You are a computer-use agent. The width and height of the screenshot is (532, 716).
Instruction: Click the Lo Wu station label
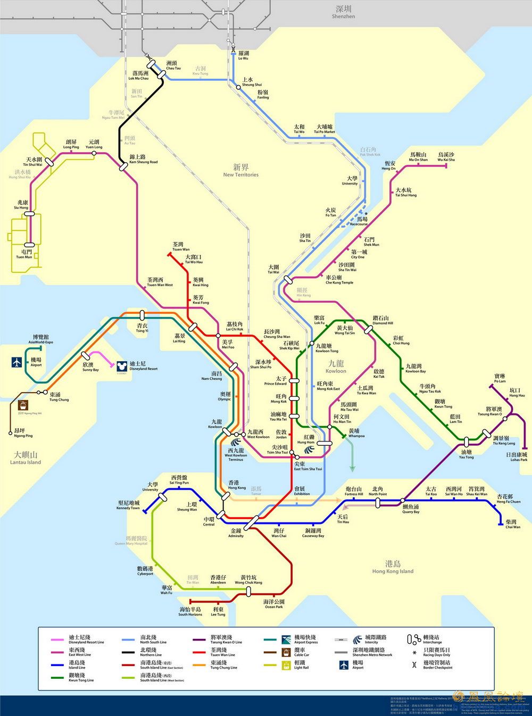click(x=243, y=56)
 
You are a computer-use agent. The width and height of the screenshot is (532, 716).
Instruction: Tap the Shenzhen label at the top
click(x=343, y=12)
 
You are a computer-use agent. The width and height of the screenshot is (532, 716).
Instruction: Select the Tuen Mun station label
click(x=24, y=254)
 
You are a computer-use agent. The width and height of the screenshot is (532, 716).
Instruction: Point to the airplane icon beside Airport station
click(x=17, y=362)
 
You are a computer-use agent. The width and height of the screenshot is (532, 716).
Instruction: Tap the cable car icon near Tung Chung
click(x=23, y=406)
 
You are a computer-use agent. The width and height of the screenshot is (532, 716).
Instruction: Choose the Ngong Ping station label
click(x=23, y=432)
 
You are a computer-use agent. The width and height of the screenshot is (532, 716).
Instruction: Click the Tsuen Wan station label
click(x=180, y=246)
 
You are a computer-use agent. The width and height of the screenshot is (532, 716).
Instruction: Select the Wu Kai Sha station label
click(x=446, y=157)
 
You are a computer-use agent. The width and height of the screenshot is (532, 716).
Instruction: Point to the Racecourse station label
click(x=362, y=221)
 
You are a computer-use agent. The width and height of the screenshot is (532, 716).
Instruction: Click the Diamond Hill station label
click(x=383, y=320)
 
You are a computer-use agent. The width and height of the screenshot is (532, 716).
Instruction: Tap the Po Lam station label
click(x=500, y=378)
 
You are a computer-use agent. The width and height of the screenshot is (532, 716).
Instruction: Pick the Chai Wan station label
click(x=512, y=524)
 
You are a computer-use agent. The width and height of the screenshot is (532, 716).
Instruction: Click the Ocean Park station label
click(x=274, y=604)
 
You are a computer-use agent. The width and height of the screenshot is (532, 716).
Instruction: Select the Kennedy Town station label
click(x=128, y=505)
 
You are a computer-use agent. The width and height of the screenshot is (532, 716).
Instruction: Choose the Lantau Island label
click(x=26, y=458)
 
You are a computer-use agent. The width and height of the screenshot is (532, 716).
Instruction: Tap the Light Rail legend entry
click(x=300, y=665)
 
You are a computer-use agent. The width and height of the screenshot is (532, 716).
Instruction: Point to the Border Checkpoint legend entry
click(x=436, y=665)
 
